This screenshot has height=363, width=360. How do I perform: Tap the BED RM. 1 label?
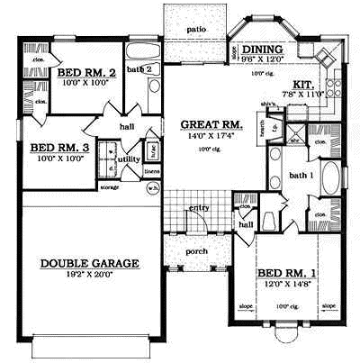[x=279, y=271]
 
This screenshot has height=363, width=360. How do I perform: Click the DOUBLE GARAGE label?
[x=89, y=264]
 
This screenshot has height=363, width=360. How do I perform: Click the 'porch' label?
[x=196, y=250]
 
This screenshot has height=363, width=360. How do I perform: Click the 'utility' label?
[x=129, y=159]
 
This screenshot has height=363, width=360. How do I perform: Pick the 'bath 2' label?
[x=137, y=68]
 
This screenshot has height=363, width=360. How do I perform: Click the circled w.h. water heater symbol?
[x=154, y=188]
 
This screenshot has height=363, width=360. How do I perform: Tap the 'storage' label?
[x=109, y=188]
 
